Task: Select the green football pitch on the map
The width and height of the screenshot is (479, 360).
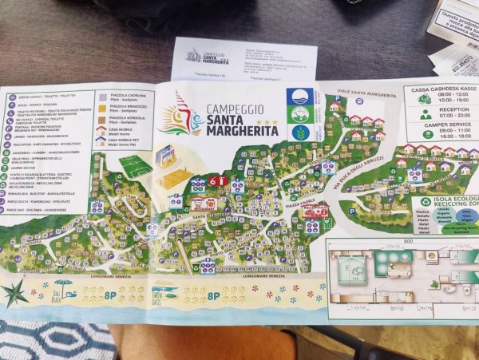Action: coord(134,166)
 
